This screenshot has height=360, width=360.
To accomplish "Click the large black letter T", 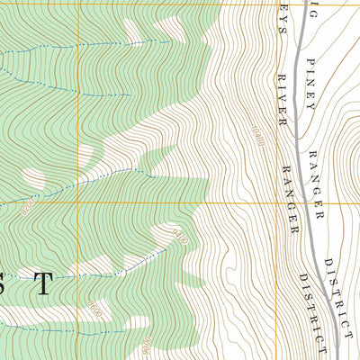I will (x=42, y=283).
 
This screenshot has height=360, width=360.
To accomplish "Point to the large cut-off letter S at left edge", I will (x=4, y=283).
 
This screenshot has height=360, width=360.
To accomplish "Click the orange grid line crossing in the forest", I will (x=78, y=202).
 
